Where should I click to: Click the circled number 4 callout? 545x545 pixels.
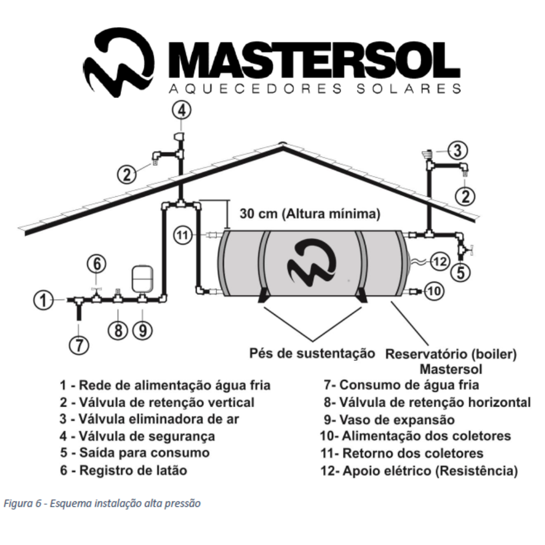183,111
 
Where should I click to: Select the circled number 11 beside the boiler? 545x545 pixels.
183,235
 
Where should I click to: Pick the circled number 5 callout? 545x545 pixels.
462,272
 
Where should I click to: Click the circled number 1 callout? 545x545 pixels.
42,299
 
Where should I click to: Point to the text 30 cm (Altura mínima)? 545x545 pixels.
309,214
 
